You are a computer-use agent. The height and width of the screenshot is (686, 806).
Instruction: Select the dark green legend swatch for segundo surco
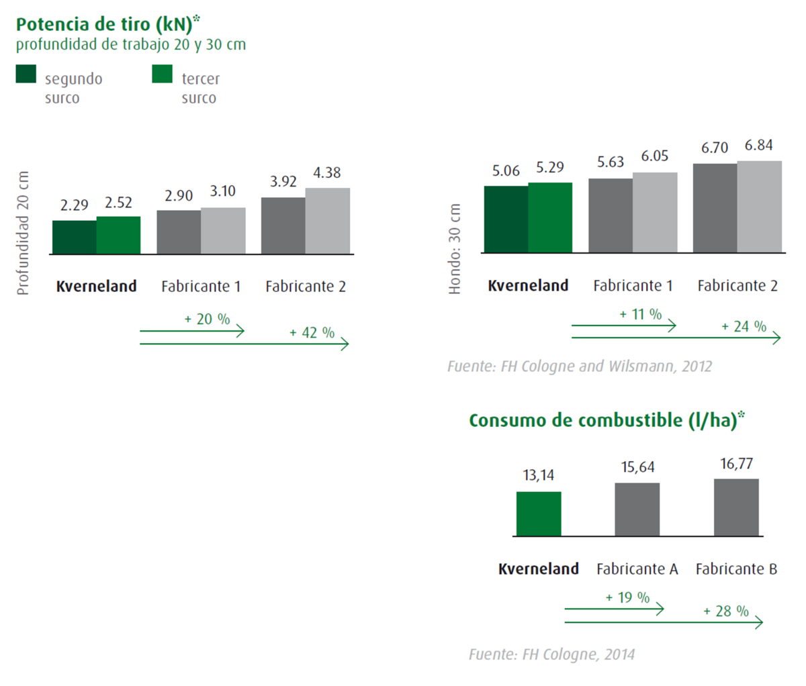pyautogui.click(x=26, y=74)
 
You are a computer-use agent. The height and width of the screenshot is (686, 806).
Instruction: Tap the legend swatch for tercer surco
pyautogui.click(x=162, y=74)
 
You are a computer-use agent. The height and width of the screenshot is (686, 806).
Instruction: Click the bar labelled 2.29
pyautogui.click(x=74, y=237)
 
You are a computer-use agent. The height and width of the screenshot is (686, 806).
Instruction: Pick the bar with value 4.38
pyautogui.click(x=327, y=221)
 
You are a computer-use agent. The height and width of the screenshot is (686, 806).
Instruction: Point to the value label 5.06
pyautogui.click(x=506, y=171)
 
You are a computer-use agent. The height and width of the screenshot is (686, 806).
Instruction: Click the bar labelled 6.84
pyautogui.click(x=759, y=207)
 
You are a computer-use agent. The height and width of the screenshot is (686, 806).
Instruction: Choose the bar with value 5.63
pyautogui.click(x=611, y=215)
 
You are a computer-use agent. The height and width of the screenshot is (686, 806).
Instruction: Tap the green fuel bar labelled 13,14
pyautogui.click(x=539, y=513)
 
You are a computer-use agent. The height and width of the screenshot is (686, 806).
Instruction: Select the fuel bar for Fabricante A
pyautogui.click(x=637, y=509)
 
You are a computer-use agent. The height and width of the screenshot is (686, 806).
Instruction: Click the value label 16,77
pyautogui.click(x=736, y=464)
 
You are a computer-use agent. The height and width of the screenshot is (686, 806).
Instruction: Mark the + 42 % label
pyautogui.click(x=312, y=333)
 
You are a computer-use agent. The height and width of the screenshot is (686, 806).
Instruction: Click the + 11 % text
pyautogui.click(x=640, y=314)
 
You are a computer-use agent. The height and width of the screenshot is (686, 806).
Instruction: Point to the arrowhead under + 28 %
pyautogui.click(x=759, y=622)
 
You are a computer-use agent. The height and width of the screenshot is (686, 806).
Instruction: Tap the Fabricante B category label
pyautogui.click(x=736, y=569)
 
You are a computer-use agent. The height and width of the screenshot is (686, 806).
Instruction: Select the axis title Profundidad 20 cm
pyautogui.click(x=24, y=233)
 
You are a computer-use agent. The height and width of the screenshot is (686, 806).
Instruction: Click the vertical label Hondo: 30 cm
pyautogui.click(x=455, y=249)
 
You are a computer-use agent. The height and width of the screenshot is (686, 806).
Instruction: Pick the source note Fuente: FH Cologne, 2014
pyautogui.click(x=551, y=654)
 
